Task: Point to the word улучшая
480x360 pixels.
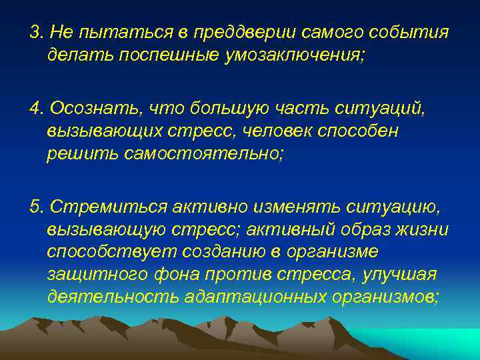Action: click(x=403, y=275)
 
